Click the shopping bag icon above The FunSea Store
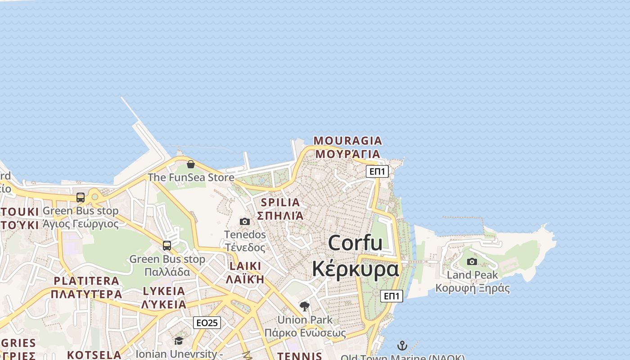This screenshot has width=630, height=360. [191, 164]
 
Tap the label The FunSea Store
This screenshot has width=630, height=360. [191, 177]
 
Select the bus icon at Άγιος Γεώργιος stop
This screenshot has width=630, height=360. [81, 197]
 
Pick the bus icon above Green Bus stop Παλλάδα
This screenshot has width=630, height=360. [167, 245]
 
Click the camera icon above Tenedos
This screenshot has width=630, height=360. [245, 221]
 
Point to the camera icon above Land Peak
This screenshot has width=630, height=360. [472, 261]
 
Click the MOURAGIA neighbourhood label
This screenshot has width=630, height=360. [347, 141]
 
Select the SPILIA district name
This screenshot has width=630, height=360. [280, 202]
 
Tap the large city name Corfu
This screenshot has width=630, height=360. [355, 243]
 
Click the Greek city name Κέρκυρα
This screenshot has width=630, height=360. [355, 269]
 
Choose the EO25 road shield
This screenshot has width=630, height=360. [207, 323]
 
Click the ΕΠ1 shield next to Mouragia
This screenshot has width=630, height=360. [377, 171]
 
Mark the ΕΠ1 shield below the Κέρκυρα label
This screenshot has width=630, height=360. [391, 296]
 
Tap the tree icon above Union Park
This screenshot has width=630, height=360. [305, 306]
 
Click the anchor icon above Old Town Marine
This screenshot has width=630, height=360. [402, 346]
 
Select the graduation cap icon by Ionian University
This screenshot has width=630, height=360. [179, 341]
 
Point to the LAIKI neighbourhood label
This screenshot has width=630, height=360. [245, 266]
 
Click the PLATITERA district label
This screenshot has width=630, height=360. [86, 281]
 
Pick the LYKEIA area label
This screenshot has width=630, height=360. [164, 291]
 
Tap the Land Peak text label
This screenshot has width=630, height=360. [472, 275]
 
